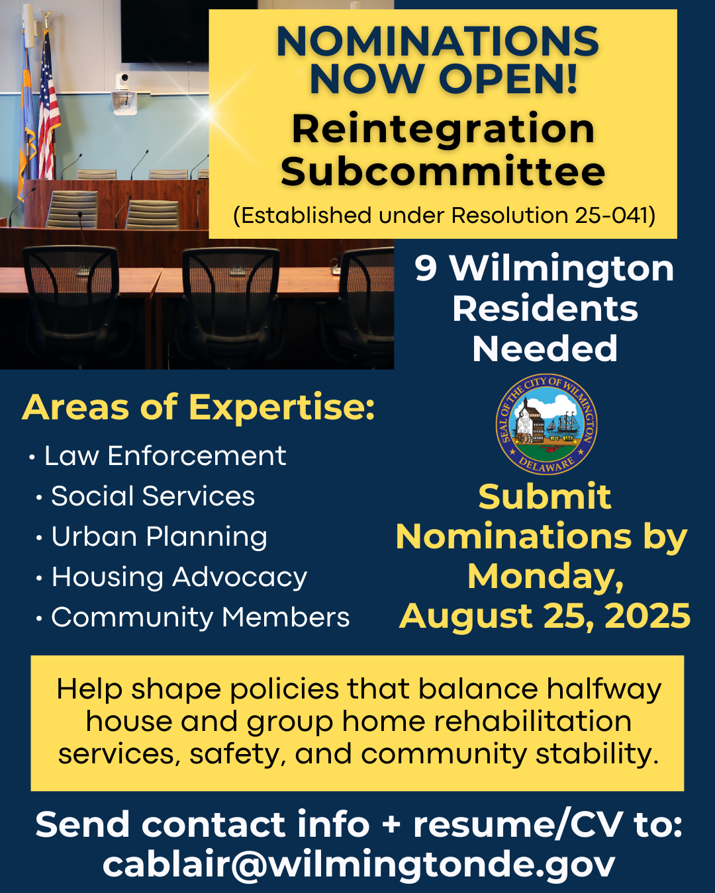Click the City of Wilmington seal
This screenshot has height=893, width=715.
pos(547,425)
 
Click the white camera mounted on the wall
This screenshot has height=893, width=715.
pos(124,93)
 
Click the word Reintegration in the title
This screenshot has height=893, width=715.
pos(444,130)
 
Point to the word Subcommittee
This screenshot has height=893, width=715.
pos(443,171)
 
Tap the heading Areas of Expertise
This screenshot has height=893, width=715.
pos(199,407)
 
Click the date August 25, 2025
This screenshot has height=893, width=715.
pos(545,616)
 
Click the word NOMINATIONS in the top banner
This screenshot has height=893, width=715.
pos(438,41)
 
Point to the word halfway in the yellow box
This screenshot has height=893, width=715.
pos(604,689)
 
